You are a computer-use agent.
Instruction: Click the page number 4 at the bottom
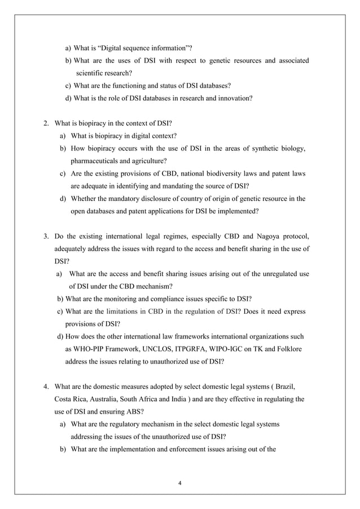point(179,483)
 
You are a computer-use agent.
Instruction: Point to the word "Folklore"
point(288,336)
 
